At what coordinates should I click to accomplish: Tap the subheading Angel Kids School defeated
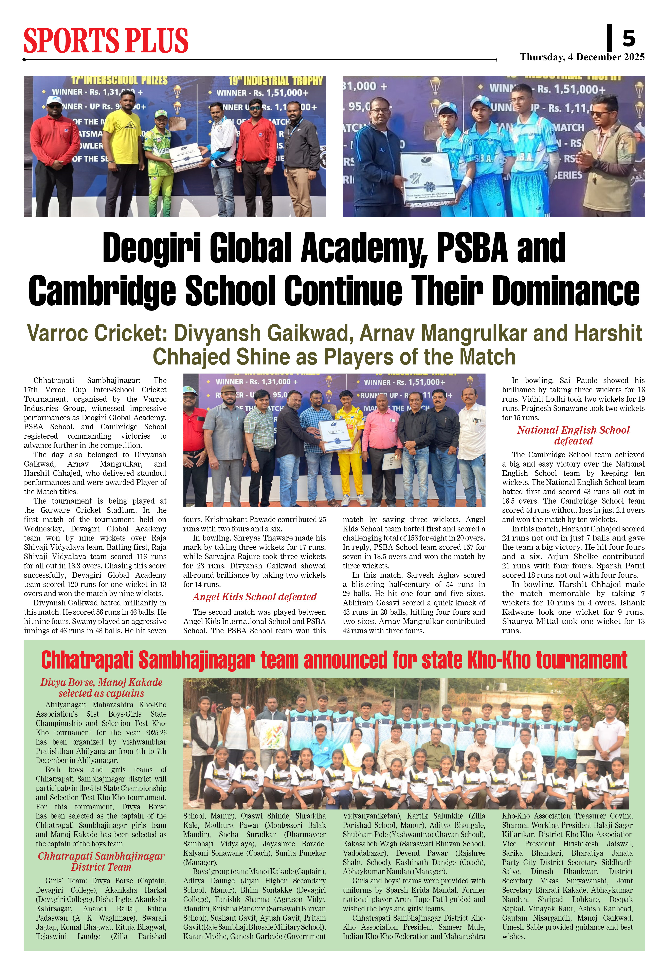[255, 597]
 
